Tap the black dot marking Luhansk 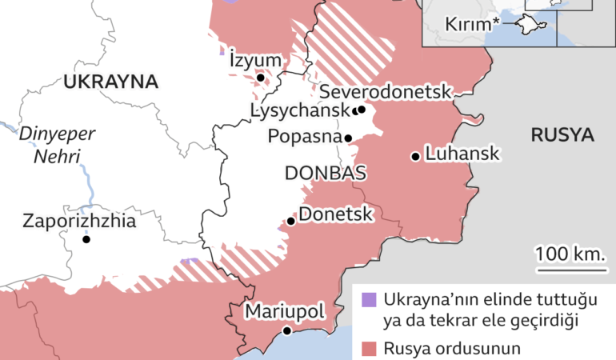tap(415, 156)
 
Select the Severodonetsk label tap(386, 91)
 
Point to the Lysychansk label tap(299, 110)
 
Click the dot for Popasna tap(348, 138)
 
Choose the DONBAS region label tap(326, 174)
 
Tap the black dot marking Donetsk tap(291, 221)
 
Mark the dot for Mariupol tap(286, 330)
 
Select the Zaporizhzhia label tap(80, 220)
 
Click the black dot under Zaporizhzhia tap(86, 239)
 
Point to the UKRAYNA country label tap(111, 82)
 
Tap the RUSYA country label tap(562, 134)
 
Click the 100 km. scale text tap(569, 254)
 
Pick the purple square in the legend tap(368, 300)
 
